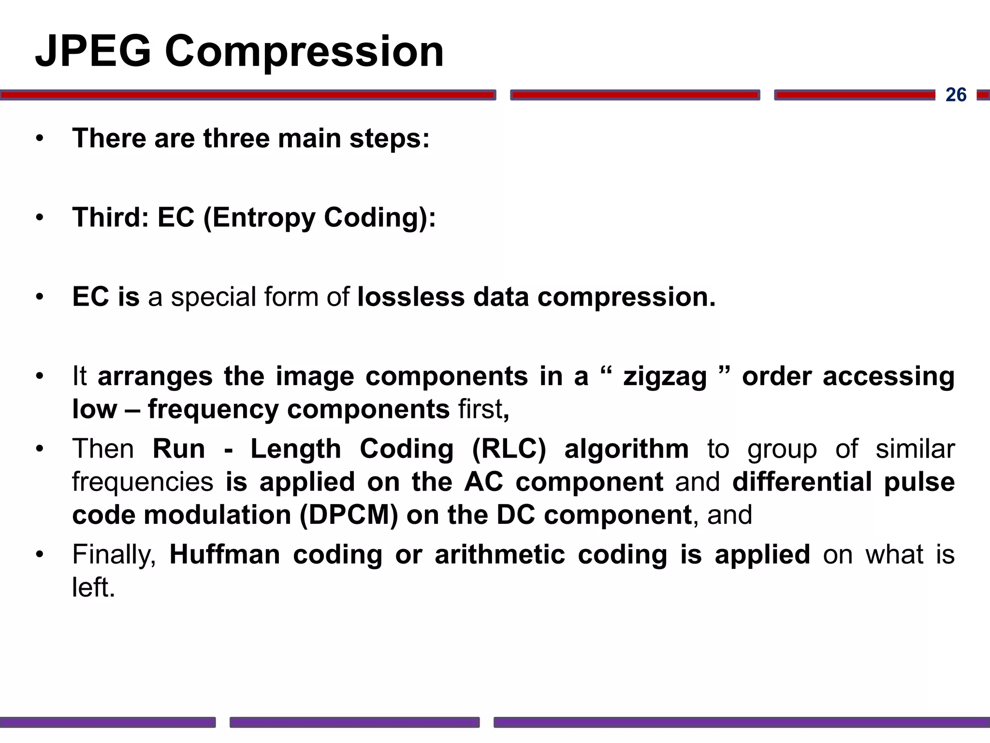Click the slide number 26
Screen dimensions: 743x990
point(956,95)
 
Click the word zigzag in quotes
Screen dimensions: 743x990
point(665,376)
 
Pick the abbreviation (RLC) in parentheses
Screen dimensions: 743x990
point(509,449)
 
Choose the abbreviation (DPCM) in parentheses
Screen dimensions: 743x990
point(349,515)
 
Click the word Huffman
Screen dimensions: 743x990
point(225,554)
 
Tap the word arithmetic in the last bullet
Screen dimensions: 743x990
point(499,554)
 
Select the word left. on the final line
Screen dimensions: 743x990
point(94,587)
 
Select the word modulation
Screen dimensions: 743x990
point(217,515)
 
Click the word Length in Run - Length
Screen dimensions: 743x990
point(295,449)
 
